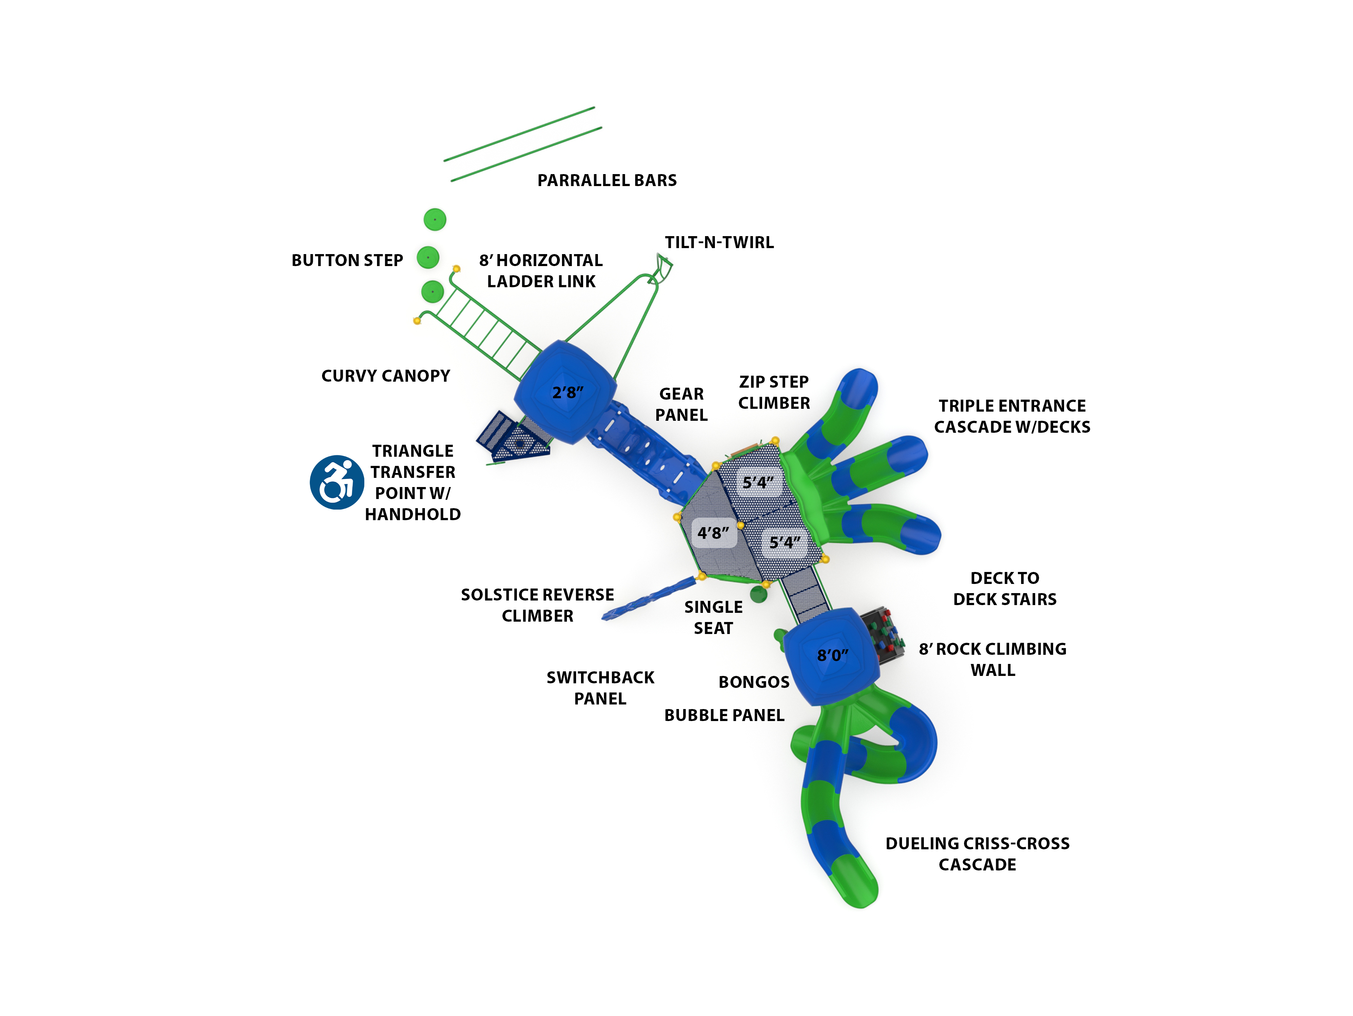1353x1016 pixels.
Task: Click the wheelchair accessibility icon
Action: point(336,482)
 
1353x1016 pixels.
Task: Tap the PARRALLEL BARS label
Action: point(607,180)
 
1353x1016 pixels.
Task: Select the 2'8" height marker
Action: point(568,393)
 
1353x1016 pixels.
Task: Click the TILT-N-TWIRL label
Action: point(719,243)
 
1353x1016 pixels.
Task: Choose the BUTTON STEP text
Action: point(347,260)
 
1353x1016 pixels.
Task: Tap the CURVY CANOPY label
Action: point(385,376)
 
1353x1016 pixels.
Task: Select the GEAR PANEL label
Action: point(681,404)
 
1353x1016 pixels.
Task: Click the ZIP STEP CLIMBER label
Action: point(774,393)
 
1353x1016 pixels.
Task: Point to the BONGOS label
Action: point(754,682)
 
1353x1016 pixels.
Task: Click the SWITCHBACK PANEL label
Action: point(600,688)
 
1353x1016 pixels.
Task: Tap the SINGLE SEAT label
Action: point(713,618)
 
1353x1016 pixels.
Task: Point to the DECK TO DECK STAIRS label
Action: point(1004,589)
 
